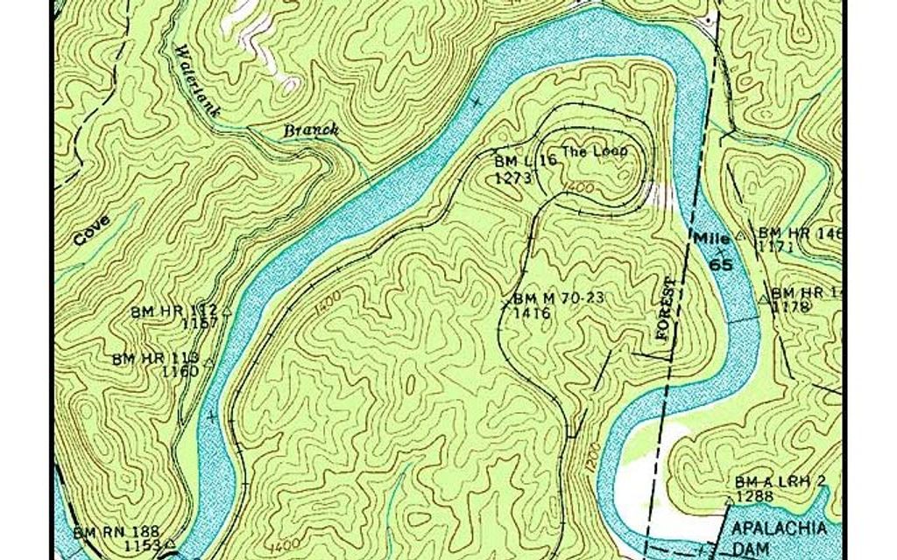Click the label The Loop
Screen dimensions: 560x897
click(595, 150)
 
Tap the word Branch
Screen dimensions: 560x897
click(311, 130)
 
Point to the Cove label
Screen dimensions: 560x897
click(91, 230)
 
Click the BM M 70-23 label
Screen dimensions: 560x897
click(560, 297)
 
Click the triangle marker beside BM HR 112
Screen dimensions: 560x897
click(227, 310)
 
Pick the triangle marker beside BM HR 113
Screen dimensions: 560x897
click(208, 360)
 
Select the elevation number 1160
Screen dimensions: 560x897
click(180, 371)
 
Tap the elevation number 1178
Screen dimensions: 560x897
click(788, 306)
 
